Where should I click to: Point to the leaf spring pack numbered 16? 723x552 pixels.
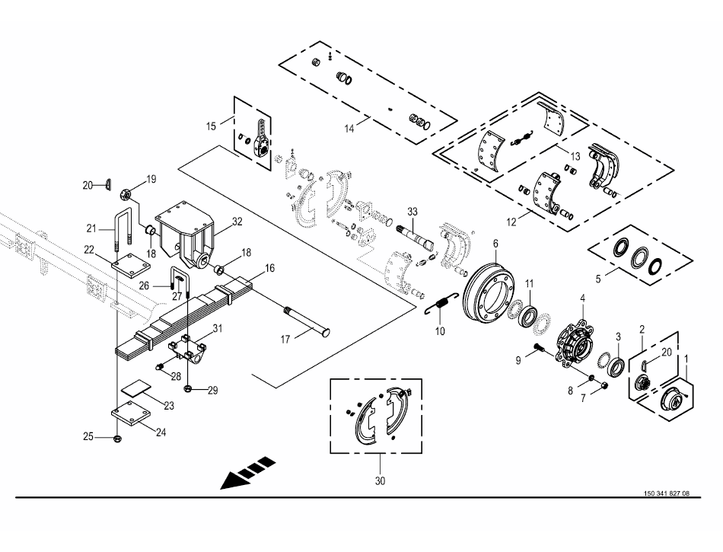point(190,316)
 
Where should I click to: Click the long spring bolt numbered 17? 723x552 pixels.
point(307,321)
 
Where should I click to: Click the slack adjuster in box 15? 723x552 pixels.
point(260,137)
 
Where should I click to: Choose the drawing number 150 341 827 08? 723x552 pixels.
point(666,493)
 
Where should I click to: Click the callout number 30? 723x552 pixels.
point(380,481)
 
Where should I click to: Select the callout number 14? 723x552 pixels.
point(349,129)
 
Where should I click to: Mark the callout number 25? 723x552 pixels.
point(88,436)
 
